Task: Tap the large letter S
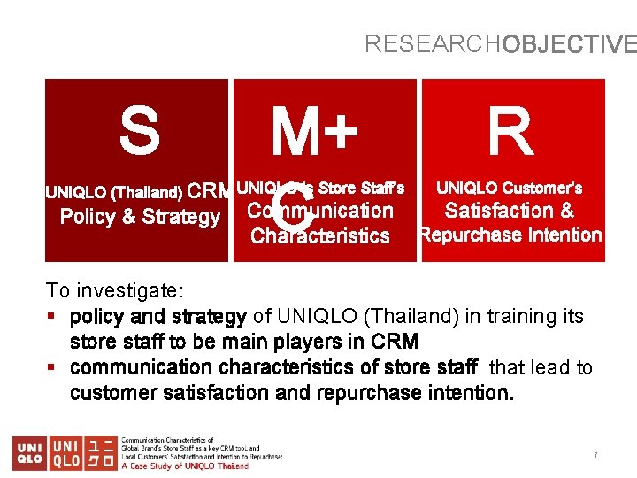140,130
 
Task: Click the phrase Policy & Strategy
140,217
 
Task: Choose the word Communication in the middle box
319,211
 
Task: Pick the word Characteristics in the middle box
320,235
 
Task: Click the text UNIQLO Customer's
510,188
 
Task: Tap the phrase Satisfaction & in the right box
509,211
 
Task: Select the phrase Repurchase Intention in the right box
511,235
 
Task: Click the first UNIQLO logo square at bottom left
30,452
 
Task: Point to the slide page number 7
595,455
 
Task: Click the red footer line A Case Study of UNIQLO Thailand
185,465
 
